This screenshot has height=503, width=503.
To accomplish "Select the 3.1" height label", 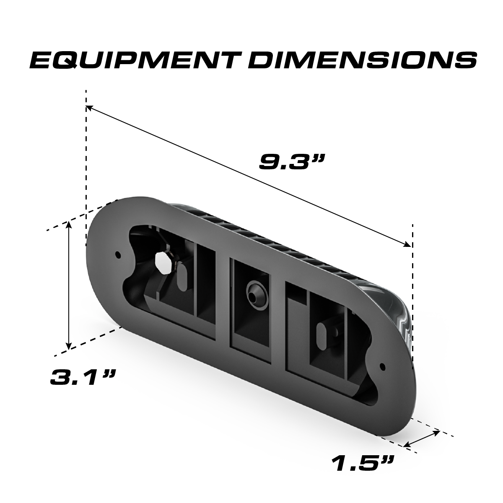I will click(82, 377).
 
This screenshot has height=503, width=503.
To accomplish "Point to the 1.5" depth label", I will click(363, 463).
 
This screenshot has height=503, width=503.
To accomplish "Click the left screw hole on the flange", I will click(118, 254).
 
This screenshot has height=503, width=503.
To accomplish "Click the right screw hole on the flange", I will click(382, 366).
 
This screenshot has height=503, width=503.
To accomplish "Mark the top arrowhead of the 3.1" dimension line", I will click(69, 224).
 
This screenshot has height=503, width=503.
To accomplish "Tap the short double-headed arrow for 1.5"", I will click(423, 438).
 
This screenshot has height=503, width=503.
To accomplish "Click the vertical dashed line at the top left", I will click(86, 168).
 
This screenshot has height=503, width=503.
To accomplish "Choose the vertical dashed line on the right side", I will click(413, 293).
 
